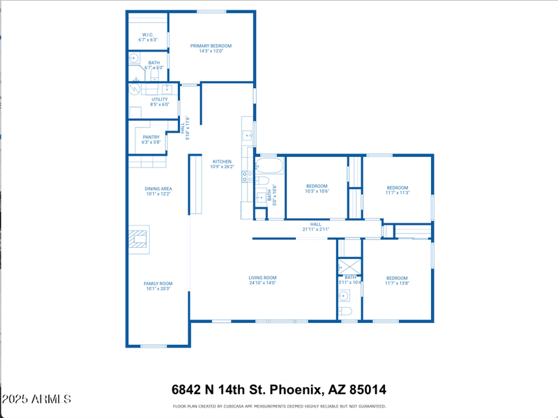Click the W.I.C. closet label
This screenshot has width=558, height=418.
pyautogui.click(x=148, y=35)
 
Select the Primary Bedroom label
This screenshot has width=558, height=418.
pyautogui.click(x=211, y=46)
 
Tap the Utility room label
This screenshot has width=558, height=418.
pyautogui.click(x=159, y=99)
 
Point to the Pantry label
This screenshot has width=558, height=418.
pyautogui.click(x=151, y=137)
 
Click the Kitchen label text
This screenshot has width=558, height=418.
pyautogui.click(x=222, y=161)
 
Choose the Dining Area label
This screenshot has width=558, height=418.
pyautogui.click(x=158, y=188)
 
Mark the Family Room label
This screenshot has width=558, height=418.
pyautogui.click(x=158, y=283)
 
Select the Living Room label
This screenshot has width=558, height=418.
pyautogui.click(x=262, y=278)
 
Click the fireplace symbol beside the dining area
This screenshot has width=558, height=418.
pyautogui.click(x=138, y=239)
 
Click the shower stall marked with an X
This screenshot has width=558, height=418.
pyautogui.click(x=349, y=267)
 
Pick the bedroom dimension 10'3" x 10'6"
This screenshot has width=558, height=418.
pyautogui.click(x=317, y=191)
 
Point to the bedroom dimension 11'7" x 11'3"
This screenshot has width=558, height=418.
pyautogui.click(x=397, y=193)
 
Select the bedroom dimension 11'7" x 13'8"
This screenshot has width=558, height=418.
pyautogui.click(x=397, y=283)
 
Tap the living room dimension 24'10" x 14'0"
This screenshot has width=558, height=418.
pyautogui.click(x=262, y=283)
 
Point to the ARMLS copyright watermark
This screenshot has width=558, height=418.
pyautogui.click(x=36, y=400)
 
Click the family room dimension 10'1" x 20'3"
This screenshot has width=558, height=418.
pyautogui.click(x=158, y=289)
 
